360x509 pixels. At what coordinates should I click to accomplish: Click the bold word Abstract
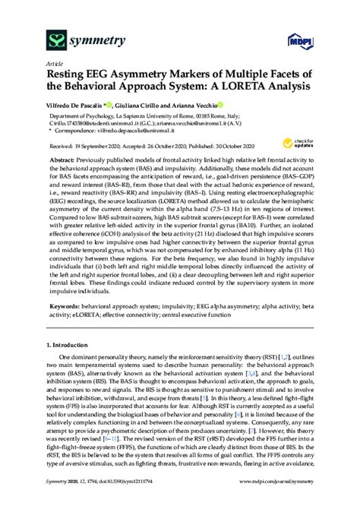(64, 162)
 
